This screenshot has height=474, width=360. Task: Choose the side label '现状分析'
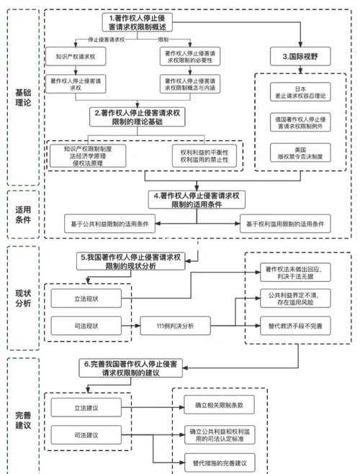tap(22, 298)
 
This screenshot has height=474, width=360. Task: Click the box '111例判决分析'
tap(175, 326)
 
